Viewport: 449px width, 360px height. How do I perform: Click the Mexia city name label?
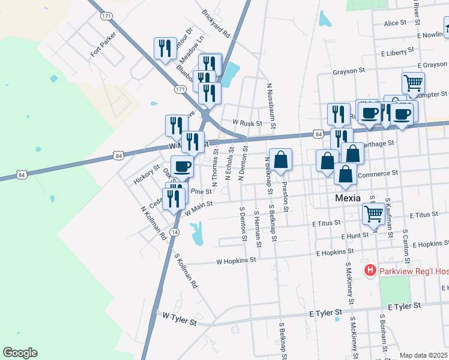coord(347,197)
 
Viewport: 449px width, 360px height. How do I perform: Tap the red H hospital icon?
coord(370,271)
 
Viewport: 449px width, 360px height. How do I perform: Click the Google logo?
coord(20,353)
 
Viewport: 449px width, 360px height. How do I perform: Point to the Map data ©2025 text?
coord(424,355)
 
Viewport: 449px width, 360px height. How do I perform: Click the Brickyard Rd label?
coord(216,23)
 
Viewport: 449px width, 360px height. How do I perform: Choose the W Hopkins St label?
coord(236,261)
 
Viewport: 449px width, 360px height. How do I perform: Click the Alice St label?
coord(395,23)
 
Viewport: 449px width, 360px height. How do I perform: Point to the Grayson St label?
coord(349,71)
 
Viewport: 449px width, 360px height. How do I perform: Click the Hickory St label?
coord(148,174)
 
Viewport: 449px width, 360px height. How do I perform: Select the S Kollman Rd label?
coord(185,272)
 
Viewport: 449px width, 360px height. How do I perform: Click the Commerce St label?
coord(378,173)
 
